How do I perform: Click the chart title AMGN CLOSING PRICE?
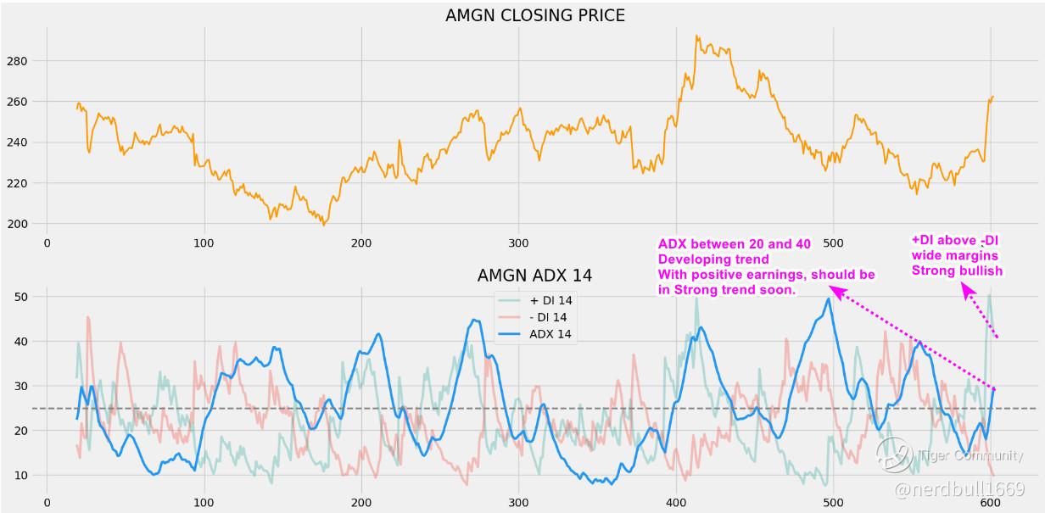[534, 15]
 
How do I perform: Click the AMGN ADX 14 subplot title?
[534, 275]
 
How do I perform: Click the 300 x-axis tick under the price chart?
[519, 243]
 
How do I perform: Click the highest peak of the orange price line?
[697, 36]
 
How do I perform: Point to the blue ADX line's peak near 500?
[829, 298]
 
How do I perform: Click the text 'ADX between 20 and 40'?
[734, 244]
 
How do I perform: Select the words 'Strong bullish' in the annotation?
[957, 271]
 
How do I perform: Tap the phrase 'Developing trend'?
[713, 259]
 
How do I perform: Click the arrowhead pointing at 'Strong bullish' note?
[966, 289]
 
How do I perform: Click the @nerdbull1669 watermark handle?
[958, 489]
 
